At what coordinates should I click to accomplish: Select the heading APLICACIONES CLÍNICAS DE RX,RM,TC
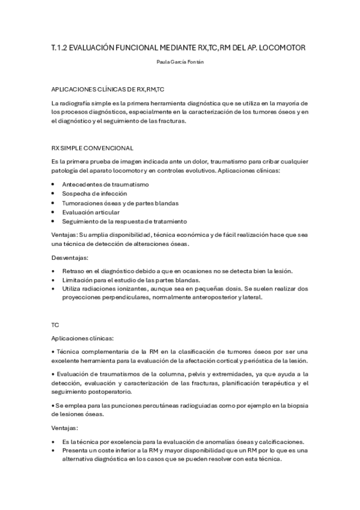[108, 89]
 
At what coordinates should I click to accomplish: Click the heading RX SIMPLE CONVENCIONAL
[93, 147]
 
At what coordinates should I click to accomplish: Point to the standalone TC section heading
[55, 324]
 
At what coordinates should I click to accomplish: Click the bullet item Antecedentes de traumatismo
[105, 184]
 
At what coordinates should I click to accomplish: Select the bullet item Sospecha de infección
[94, 194]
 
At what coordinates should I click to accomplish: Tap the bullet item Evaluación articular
[91, 212]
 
